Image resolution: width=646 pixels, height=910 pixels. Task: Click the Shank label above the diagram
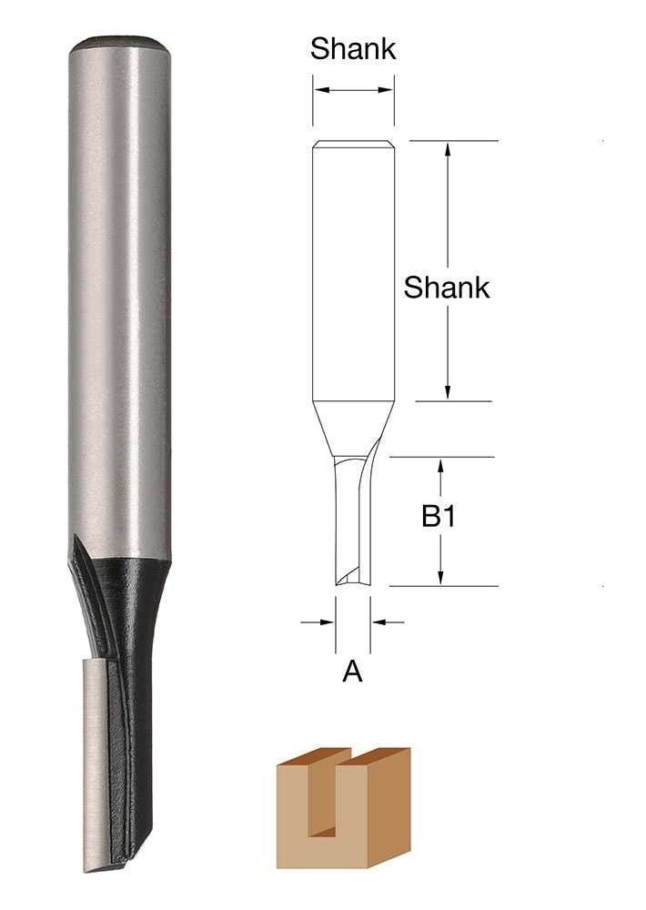click(353, 49)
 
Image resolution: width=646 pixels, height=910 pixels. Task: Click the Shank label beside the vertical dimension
click(447, 288)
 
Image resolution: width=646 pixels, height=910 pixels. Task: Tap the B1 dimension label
click(438, 518)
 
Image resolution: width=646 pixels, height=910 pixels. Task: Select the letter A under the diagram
click(353, 672)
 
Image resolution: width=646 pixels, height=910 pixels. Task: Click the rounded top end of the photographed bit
click(118, 43)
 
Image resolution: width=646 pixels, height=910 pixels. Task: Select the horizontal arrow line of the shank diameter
click(353, 89)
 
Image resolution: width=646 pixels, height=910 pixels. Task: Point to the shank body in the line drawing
click(353, 273)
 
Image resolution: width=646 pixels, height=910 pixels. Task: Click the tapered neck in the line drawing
click(353, 428)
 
